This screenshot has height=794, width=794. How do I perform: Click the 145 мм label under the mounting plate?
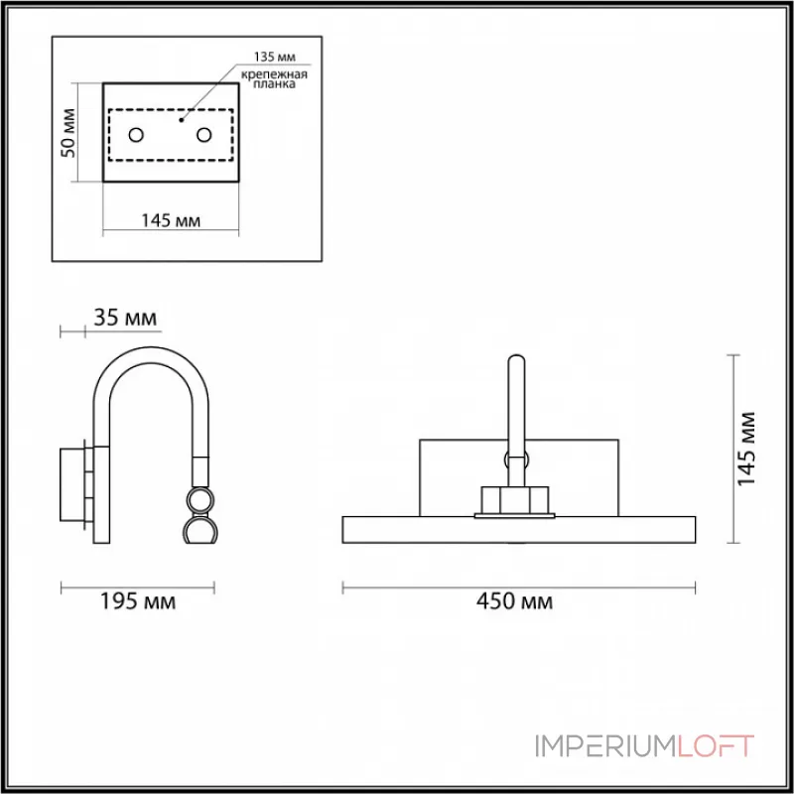[x=171, y=220]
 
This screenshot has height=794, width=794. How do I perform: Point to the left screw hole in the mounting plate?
[x=137, y=134]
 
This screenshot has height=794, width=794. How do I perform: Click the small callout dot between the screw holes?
[x=180, y=119]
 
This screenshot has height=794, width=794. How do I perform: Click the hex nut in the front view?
[x=516, y=499]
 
